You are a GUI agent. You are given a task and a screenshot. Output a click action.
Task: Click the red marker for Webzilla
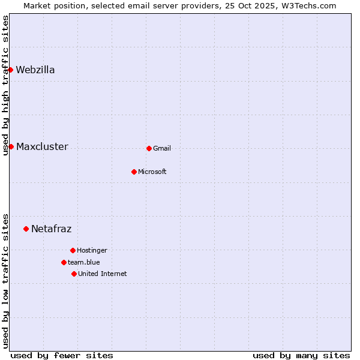pyautogui.click(x=10, y=70)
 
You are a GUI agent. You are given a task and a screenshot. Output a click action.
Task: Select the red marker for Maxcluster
pyautogui.click(x=11, y=146)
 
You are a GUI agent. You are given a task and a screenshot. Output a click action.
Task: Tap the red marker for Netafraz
pyautogui.click(x=26, y=229)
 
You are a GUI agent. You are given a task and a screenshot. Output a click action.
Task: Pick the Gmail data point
pyautogui.click(x=149, y=148)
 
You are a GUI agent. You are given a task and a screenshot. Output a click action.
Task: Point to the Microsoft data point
pyautogui.click(x=134, y=172)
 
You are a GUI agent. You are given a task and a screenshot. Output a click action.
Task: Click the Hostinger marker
pyautogui.click(x=73, y=250)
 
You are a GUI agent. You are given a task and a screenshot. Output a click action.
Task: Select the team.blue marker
pyautogui.click(x=64, y=262)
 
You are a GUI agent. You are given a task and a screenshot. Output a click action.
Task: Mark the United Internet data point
pyautogui.click(x=74, y=274)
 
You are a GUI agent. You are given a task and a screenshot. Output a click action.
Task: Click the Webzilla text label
pyautogui.click(x=35, y=70)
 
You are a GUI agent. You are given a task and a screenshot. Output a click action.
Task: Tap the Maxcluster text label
pyautogui.click(x=42, y=146)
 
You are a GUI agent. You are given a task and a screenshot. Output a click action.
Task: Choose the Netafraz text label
pyautogui.click(x=51, y=229)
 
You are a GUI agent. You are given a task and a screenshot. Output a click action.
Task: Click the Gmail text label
pyautogui.click(x=162, y=148)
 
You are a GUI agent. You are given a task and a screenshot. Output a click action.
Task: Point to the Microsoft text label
pyautogui.click(x=152, y=172)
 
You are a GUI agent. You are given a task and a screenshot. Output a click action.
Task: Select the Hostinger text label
pyautogui.click(x=92, y=250)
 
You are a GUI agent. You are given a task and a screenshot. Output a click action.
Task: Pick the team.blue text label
pyautogui.click(x=84, y=262)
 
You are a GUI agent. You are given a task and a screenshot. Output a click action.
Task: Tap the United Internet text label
pyautogui.click(x=103, y=274)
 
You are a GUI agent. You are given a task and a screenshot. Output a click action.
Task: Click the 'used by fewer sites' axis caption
pyautogui.click(x=62, y=355)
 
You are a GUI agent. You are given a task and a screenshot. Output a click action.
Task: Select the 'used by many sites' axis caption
pyautogui.click(x=301, y=355)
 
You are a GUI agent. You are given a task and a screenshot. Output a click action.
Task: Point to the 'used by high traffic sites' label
pyautogui.click(x=5, y=85)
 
